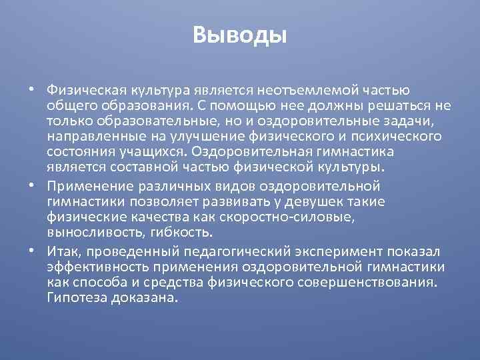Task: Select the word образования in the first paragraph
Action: click(x=144, y=105)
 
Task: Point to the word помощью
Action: click(x=243, y=105)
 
